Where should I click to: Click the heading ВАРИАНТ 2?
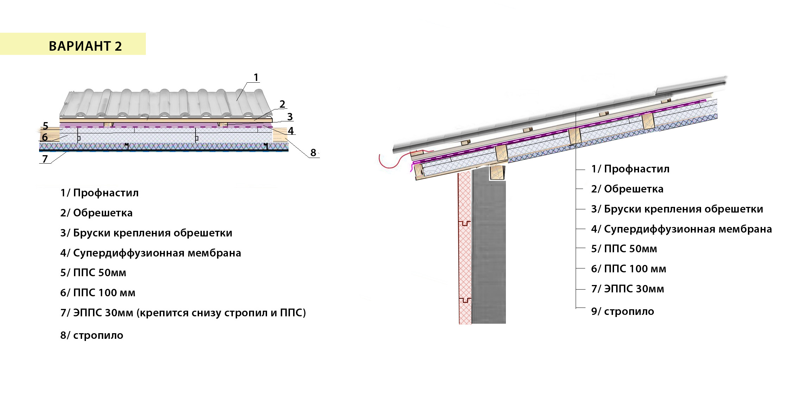85,46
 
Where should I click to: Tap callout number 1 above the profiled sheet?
256,77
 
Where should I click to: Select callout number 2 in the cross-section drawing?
282,104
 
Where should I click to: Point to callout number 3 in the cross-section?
290,117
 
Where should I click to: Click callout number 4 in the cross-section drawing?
291,131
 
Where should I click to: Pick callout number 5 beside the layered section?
45,126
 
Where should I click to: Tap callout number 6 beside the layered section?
45,137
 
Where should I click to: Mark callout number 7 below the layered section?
45,159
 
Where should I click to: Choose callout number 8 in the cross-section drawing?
313,153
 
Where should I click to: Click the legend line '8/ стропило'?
92,335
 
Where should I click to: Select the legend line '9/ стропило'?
623,311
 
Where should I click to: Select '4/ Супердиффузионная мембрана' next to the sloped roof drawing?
681,229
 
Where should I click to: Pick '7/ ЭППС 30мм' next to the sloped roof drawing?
627,289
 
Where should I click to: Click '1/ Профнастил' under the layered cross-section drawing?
99,193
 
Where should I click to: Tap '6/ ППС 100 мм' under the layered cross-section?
98,293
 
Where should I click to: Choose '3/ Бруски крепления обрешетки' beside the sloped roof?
677,209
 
